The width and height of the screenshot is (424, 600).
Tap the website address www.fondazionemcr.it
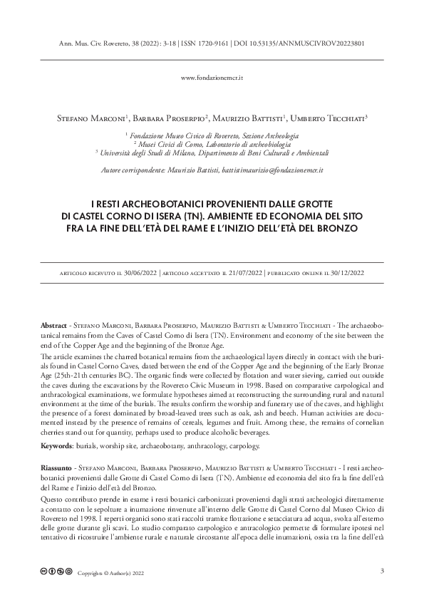point(213,76)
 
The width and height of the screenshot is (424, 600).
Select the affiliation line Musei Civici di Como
point(212,143)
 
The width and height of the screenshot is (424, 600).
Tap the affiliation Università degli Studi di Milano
point(212,152)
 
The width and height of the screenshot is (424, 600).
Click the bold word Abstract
point(54,324)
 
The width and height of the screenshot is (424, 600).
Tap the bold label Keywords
point(58,445)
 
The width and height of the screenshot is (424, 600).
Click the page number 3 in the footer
point(382,571)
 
